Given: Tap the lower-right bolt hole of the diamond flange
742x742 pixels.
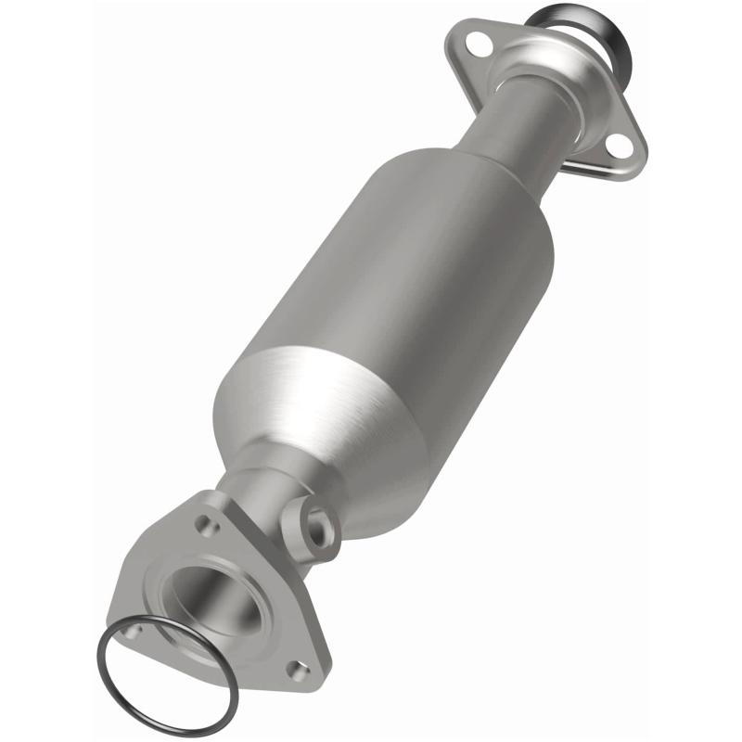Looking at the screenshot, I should point(616,144).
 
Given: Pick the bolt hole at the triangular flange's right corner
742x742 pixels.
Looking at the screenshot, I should point(297,665).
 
